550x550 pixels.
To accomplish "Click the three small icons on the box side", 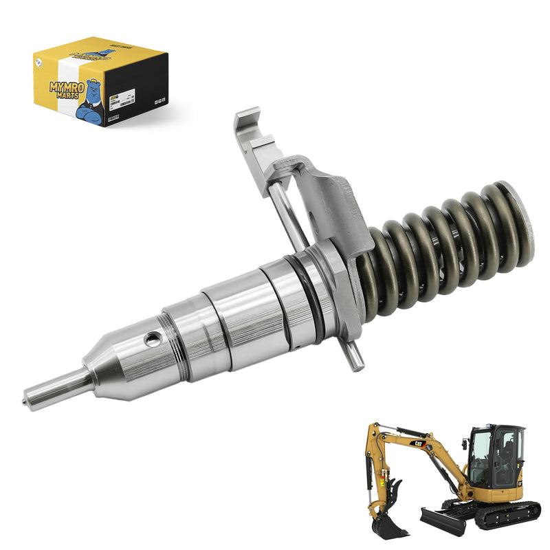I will pyautogui.click(x=159, y=100).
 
